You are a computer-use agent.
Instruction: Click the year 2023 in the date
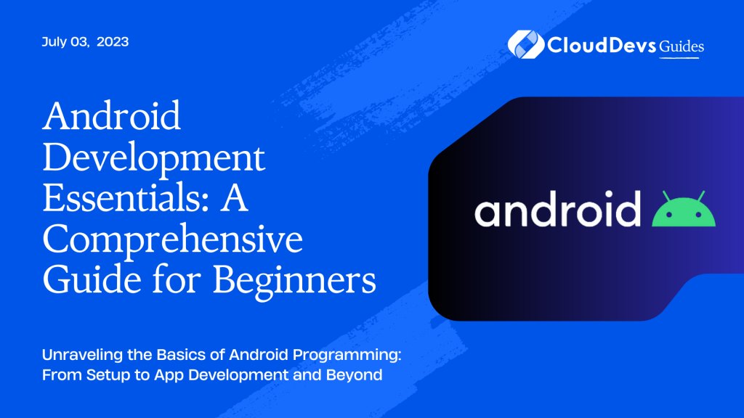(x=113, y=42)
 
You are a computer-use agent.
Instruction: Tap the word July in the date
(x=55, y=42)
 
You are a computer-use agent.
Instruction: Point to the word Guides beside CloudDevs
(x=680, y=46)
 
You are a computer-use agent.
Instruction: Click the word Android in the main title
(x=112, y=117)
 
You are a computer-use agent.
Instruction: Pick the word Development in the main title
(x=154, y=157)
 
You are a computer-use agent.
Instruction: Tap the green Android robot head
(x=684, y=212)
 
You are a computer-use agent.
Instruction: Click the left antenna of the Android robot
(x=665, y=196)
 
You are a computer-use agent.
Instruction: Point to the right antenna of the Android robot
(x=703, y=196)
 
